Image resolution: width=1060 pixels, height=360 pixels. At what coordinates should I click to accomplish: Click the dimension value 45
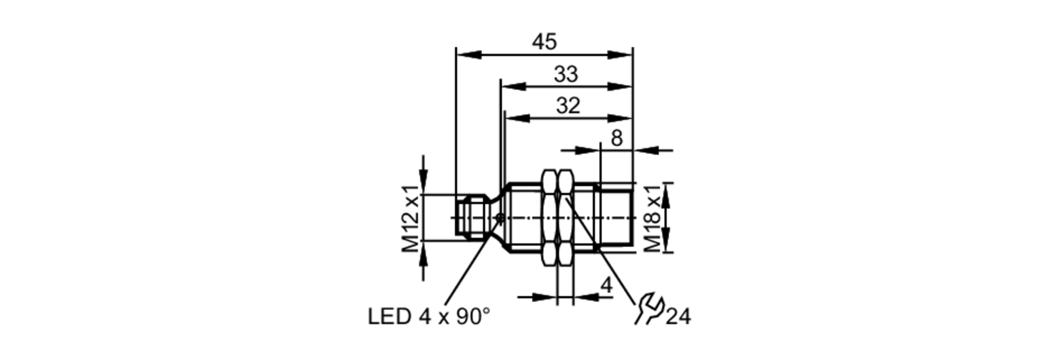pyautogui.click(x=545, y=42)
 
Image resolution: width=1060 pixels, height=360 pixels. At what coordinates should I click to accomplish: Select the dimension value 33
pyautogui.click(x=566, y=74)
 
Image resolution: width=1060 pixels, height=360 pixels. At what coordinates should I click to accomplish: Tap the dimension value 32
pyautogui.click(x=568, y=106)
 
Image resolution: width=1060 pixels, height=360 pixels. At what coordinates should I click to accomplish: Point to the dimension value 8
pyautogui.click(x=616, y=138)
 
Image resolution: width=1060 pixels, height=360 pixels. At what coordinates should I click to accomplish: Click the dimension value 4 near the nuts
pyautogui.click(x=606, y=285)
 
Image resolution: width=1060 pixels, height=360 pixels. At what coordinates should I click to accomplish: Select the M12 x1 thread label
pyautogui.click(x=411, y=218)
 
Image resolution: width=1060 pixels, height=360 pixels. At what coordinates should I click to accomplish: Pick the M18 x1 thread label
pyautogui.click(x=653, y=218)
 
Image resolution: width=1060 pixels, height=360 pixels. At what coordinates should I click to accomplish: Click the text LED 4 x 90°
pyautogui.click(x=429, y=317)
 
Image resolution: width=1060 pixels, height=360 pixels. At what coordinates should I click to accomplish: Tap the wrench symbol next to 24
pyautogui.click(x=649, y=309)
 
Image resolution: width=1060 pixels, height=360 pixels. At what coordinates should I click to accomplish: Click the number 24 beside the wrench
pyautogui.click(x=678, y=317)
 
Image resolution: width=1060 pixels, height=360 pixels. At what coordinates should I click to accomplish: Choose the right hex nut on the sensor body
pyautogui.click(x=566, y=217)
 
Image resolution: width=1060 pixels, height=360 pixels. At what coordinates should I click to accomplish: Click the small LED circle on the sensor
pyautogui.click(x=499, y=217)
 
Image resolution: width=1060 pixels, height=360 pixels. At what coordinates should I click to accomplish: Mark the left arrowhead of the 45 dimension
pyautogui.click(x=469, y=55)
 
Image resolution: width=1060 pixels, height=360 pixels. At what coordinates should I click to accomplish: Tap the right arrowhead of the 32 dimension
pyautogui.click(x=621, y=118)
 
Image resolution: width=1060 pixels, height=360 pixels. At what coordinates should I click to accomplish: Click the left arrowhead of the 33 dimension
pyautogui.click(x=514, y=86)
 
